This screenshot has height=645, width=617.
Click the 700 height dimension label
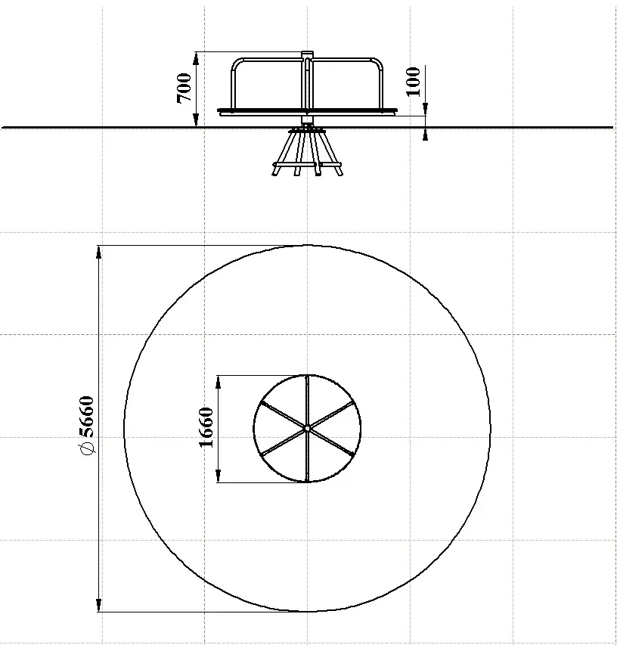click(x=184, y=88)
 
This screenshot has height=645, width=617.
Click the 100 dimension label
click(x=414, y=82)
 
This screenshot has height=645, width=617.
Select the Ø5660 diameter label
click(x=87, y=426)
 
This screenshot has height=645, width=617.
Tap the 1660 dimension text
click(x=206, y=427)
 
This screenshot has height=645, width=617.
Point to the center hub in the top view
click(x=307, y=429)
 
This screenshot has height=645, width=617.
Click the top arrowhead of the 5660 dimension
click(x=99, y=251)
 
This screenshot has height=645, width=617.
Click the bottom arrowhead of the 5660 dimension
click(x=99, y=606)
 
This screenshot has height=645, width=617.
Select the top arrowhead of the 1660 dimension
click(x=219, y=381)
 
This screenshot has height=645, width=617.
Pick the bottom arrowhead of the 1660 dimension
click(x=219, y=476)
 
